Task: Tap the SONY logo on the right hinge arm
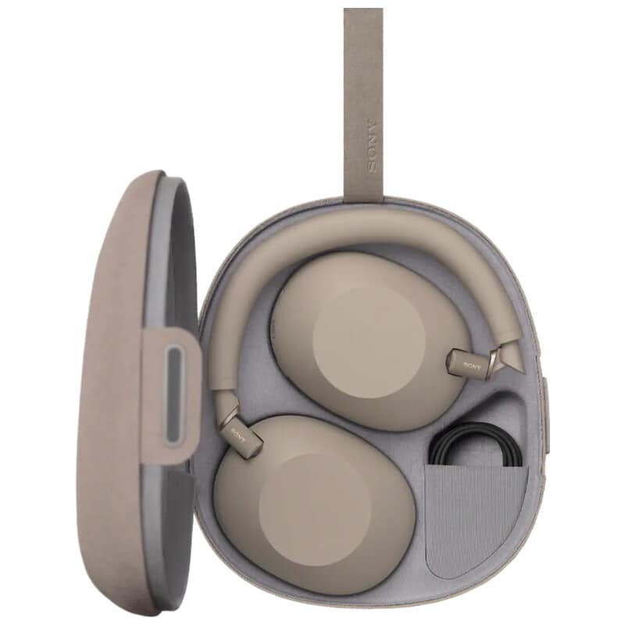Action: (x=472, y=364)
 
